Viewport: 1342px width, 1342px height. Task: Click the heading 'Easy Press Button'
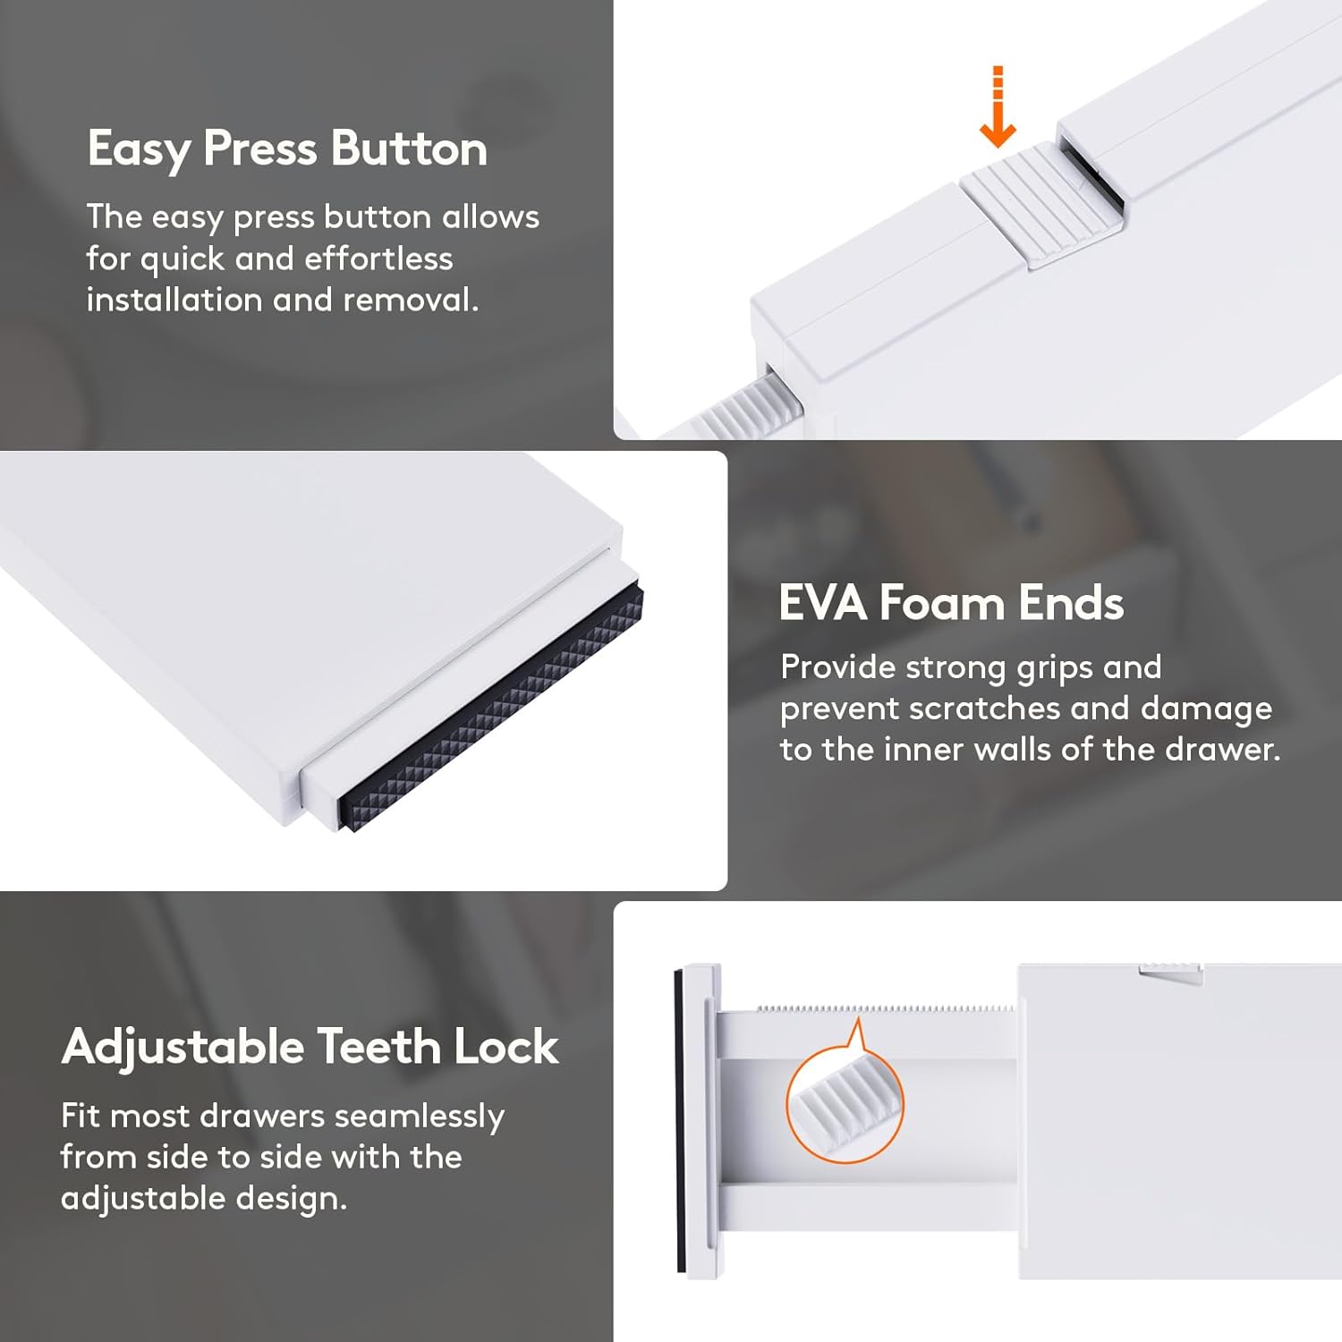[x=287, y=149]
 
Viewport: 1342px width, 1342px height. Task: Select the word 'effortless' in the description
[x=378, y=259]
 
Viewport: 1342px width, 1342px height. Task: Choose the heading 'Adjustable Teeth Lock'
[x=310, y=1047]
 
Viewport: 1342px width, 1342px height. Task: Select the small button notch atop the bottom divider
[x=1170, y=973]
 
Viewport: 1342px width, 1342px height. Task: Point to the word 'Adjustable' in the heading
[x=183, y=1048]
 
